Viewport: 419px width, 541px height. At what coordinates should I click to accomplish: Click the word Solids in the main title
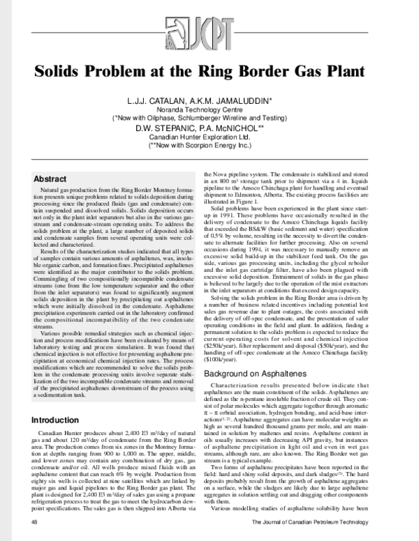coord(62,72)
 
